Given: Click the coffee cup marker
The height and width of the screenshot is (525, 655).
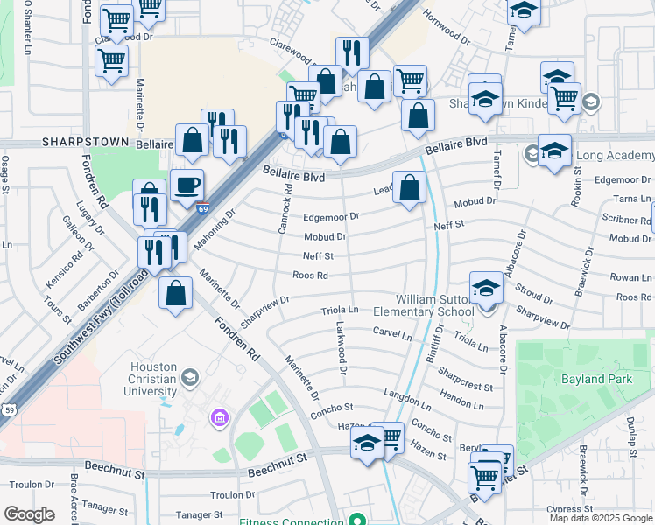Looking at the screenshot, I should pos(187,185).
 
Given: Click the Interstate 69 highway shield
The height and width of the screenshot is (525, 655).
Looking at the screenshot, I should pos(203,208).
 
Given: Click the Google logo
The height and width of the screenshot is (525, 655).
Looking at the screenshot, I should pos(29,514).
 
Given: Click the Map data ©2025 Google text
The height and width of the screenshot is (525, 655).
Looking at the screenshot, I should pos(601,518).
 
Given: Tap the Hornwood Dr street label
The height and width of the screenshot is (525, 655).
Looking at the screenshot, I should pos(447,33).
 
